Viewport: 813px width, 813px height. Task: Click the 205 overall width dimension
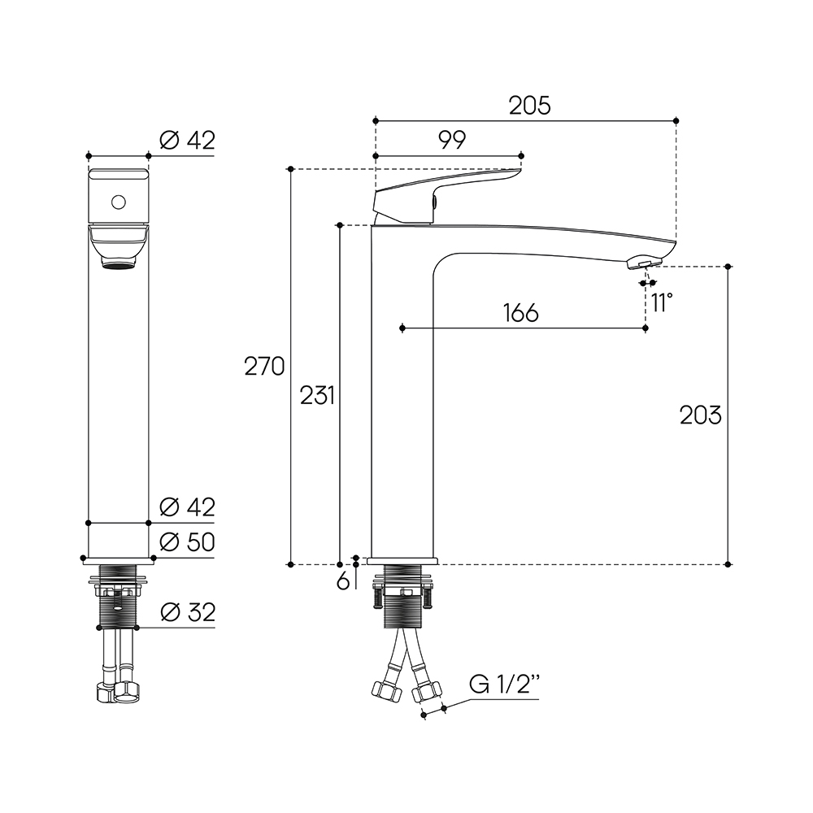click(529, 106)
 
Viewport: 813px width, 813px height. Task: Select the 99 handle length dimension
click(452, 140)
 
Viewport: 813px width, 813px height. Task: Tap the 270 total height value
click(264, 367)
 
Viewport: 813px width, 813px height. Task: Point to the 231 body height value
click(317, 396)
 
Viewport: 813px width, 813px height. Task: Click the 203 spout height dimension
click(701, 415)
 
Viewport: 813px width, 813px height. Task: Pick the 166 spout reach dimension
click(521, 313)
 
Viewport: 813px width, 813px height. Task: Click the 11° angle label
click(662, 302)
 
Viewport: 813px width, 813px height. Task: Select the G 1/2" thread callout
click(504, 685)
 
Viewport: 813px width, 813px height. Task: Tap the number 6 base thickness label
click(343, 582)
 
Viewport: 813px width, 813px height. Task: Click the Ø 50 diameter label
click(187, 542)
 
